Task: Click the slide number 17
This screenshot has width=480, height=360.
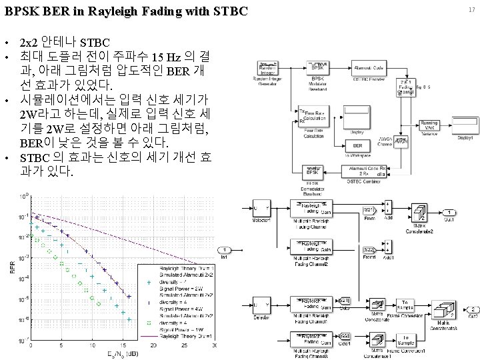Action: [471, 9]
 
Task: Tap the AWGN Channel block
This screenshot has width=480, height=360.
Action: [401, 141]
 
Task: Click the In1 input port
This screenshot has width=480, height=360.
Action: [226, 249]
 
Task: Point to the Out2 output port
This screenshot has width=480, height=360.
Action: [473, 309]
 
